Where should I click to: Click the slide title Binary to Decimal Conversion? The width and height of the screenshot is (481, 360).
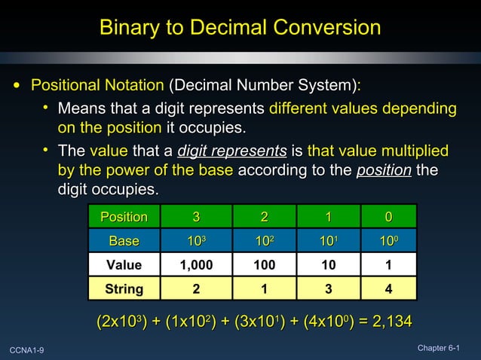(x=240, y=28)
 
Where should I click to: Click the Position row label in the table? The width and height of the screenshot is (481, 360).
(x=124, y=217)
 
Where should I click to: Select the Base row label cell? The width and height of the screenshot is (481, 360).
(x=124, y=241)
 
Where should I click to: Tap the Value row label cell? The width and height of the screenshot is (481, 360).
(x=124, y=265)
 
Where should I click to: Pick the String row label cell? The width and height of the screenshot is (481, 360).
(x=124, y=288)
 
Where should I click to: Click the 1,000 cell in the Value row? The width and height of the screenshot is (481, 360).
(x=195, y=265)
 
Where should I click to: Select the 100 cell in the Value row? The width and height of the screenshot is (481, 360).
(x=264, y=265)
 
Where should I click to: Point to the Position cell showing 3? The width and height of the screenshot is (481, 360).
(x=195, y=217)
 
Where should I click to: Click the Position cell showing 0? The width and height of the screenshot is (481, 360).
(x=388, y=217)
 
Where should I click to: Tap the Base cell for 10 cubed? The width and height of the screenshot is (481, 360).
(x=195, y=241)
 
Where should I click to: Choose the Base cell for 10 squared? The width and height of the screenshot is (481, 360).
(x=264, y=241)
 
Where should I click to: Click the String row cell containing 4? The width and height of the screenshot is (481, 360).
(x=388, y=288)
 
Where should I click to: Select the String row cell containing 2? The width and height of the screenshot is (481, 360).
(x=195, y=288)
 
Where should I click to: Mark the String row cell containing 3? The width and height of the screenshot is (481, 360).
(x=328, y=288)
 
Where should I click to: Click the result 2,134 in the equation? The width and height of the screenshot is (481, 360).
(x=390, y=322)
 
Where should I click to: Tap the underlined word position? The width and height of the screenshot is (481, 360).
(x=383, y=169)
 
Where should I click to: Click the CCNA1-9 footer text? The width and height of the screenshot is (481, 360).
(x=27, y=349)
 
